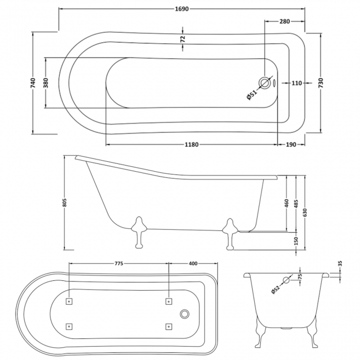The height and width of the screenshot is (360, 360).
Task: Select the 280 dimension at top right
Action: click(x=285, y=22)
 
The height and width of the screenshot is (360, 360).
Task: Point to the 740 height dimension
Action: click(x=34, y=84)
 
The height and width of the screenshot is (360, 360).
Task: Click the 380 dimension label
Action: click(x=47, y=83)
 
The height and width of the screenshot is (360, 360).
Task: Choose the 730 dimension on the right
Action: click(x=321, y=83)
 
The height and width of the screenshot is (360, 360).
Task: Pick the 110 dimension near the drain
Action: click(x=295, y=83)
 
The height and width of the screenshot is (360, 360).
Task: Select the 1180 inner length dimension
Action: click(x=191, y=145)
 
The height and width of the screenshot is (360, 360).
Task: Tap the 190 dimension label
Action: click(x=291, y=145)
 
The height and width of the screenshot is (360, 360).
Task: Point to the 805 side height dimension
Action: click(x=65, y=203)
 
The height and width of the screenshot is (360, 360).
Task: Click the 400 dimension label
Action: click(x=193, y=264)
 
